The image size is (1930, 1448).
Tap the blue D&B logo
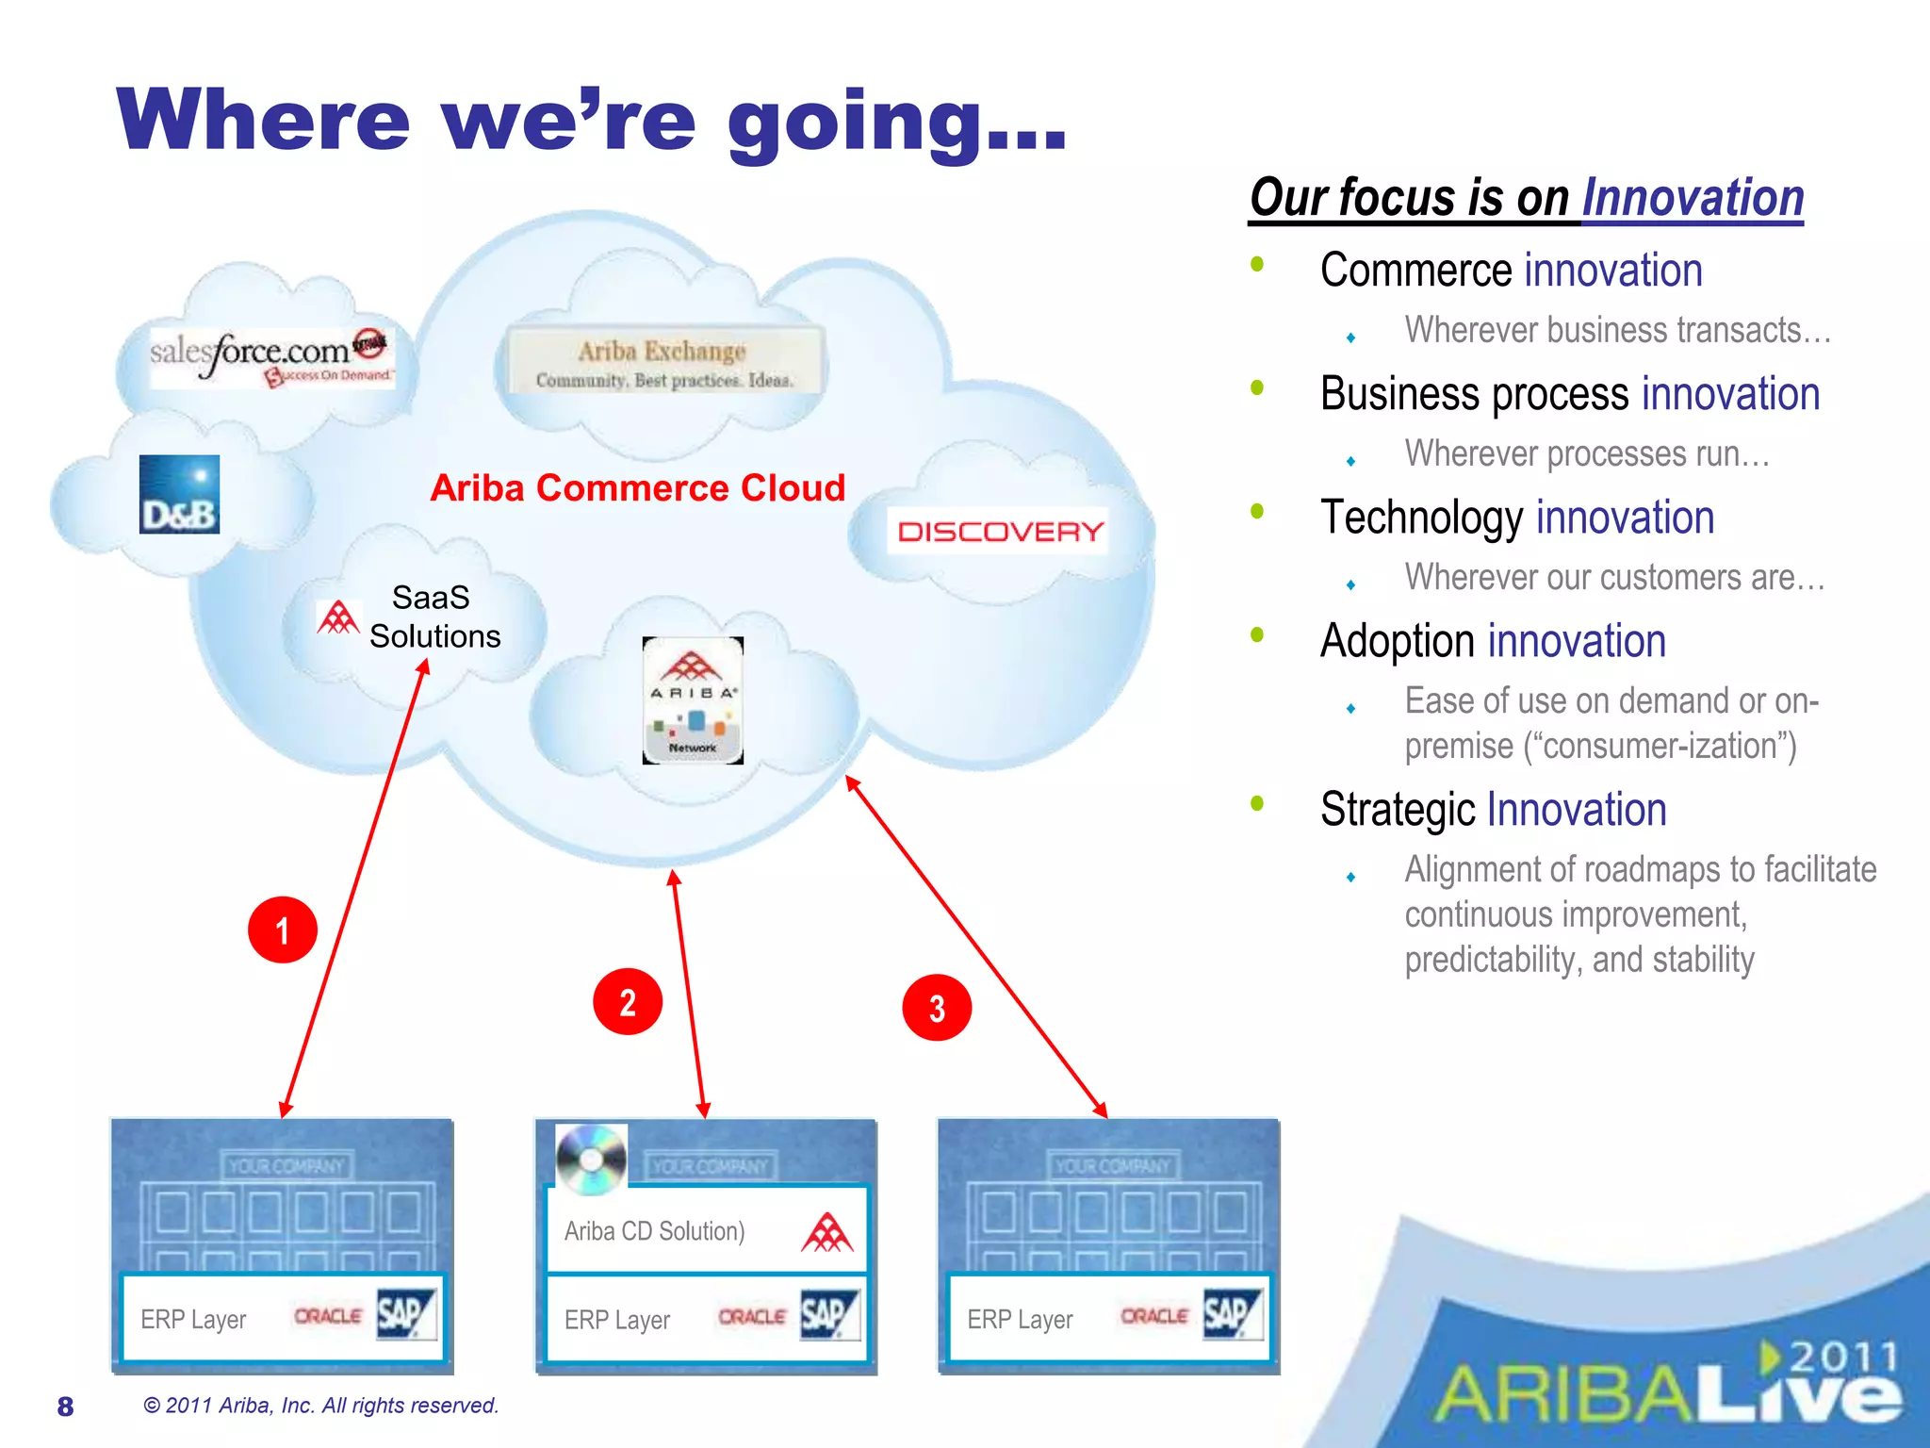(179, 495)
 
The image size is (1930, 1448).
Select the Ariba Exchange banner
(663, 363)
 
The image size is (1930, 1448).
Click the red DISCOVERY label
(1000, 531)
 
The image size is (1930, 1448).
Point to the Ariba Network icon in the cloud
(693, 700)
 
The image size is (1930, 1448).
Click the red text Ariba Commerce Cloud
(637, 488)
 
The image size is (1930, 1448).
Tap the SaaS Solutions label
(433, 617)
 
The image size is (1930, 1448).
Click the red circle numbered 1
(282, 930)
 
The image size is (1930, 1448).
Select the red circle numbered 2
(628, 1002)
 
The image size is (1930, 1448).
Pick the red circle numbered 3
(937, 1008)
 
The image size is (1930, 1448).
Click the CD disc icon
(591, 1159)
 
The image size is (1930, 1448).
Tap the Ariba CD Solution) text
(654, 1231)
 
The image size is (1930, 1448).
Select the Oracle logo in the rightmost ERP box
(1153, 1316)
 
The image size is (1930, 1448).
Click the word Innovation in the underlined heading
(1693, 199)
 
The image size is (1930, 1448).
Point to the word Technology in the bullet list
(1421, 518)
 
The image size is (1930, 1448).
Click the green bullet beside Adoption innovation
(1257, 634)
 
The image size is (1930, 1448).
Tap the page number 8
(65, 1407)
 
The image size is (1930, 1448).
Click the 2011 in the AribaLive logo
(1842, 1357)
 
